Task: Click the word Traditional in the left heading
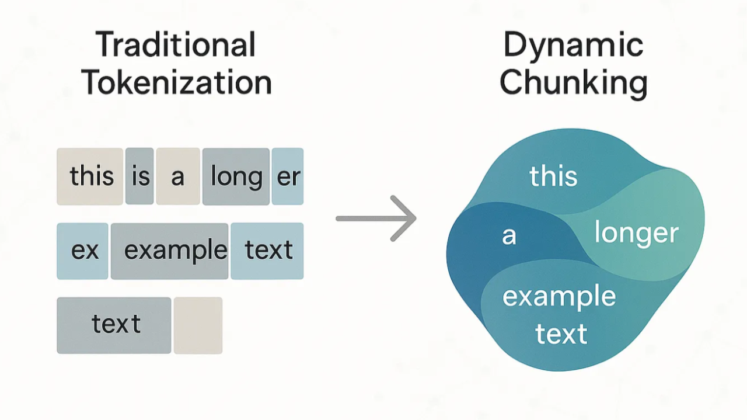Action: point(176,45)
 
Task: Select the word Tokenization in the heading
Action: point(177,82)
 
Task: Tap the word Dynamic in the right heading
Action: point(573,45)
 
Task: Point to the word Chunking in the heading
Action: point(573,82)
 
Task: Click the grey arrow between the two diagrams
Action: point(376,218)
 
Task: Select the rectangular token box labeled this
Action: point(90,176)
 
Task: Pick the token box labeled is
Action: point(140,176)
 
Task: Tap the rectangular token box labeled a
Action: point(178,176)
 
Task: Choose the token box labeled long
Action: point(236,176)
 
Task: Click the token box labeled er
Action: point(288,176)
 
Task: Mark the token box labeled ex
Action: point(83,251)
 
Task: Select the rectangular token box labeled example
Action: point(170,251)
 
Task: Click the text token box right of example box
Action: point(267,251)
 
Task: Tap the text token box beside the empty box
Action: point(114,325)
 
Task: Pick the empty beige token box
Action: point(198,325)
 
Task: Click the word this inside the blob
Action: point(553,176)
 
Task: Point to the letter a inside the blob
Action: point(509,236)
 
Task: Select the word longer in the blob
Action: point(636,234)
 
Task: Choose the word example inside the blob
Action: point(559,297)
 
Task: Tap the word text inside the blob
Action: point(561,334)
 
